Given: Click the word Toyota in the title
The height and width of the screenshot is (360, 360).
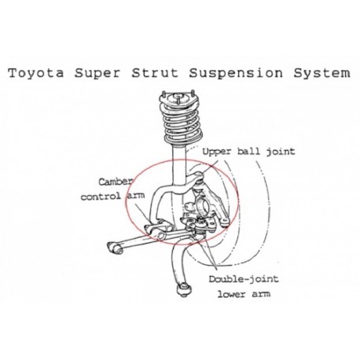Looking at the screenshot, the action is pos(36,73).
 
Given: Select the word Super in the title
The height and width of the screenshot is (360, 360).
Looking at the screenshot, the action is pos(97,73).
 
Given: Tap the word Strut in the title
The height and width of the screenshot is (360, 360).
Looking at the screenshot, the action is pos(155,73).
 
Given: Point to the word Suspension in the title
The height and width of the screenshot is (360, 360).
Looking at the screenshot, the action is pos(236,73).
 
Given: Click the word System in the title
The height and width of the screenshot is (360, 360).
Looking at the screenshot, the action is pos(321,73).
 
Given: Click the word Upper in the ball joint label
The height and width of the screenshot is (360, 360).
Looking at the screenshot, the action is pos(218,152).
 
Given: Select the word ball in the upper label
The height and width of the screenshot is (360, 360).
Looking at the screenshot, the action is pos(248,151).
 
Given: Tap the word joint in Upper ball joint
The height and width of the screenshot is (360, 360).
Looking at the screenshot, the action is pos(281,152).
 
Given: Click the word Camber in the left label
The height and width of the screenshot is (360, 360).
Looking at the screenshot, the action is pos(116,181).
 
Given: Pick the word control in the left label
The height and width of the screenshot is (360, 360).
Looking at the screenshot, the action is pos(101,196).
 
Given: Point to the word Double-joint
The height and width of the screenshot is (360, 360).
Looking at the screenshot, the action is pos(244,280).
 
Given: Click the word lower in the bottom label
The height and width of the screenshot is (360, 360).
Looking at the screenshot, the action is pos(232,294).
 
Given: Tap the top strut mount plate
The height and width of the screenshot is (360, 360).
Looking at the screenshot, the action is pos(178,101).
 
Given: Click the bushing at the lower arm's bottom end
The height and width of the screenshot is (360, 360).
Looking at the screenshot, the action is pos(183,289).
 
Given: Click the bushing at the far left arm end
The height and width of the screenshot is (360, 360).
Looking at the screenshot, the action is pos(116,248).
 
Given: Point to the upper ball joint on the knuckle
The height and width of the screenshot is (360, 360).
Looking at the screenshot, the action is pos(200,180).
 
